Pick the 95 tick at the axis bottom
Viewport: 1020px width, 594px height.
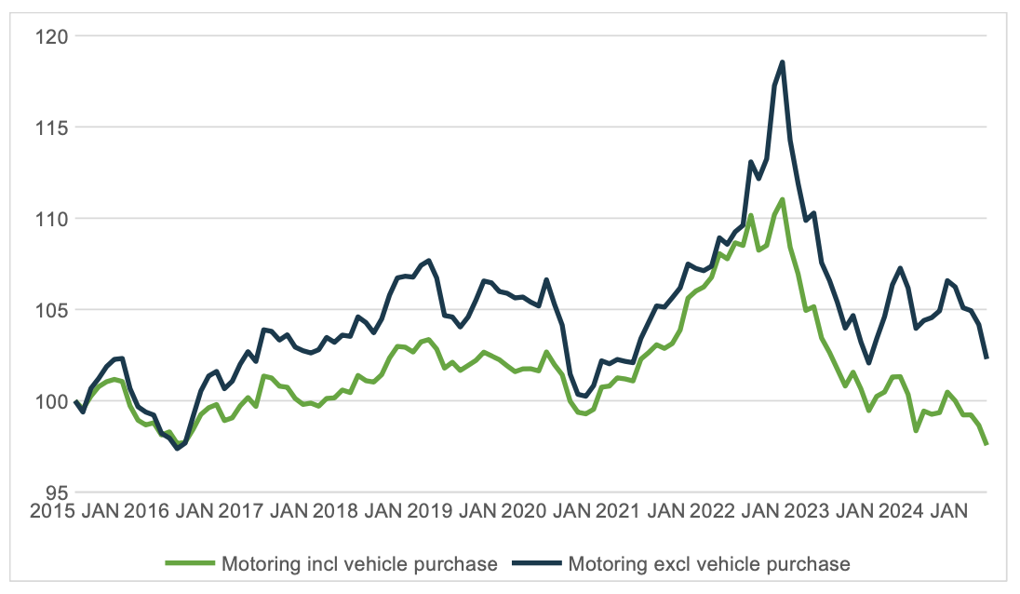point(48,492)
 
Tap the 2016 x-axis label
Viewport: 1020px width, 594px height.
point(148,511)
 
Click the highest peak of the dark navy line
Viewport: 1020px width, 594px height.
point(783,62)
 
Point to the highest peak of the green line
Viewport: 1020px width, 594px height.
point(783,199)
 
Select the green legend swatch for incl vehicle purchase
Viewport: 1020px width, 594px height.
point(191,564)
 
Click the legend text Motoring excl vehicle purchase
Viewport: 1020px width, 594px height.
point(708,564)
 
